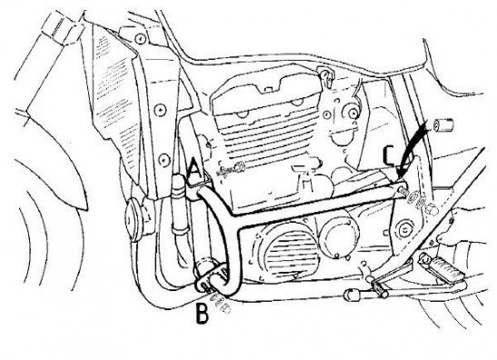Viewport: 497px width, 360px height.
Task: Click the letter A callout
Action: [194, 169]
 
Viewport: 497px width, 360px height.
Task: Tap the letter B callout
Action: [203, 313]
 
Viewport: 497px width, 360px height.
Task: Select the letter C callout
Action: [390, 156]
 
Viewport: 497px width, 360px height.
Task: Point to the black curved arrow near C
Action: [413, 147]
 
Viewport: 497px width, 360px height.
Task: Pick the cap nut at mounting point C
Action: [432, 209]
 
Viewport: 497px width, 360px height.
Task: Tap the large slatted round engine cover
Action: [289, 253]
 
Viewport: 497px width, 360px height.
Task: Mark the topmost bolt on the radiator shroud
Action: [139, 39]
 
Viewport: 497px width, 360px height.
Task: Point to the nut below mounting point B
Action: [226, 308]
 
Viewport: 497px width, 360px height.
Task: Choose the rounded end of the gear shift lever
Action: [350, 295]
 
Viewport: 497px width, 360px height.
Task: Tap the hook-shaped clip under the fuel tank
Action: [325, 75]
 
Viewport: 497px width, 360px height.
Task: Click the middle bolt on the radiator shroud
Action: [161, 110]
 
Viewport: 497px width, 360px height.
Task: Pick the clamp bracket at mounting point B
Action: [209, 278]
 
